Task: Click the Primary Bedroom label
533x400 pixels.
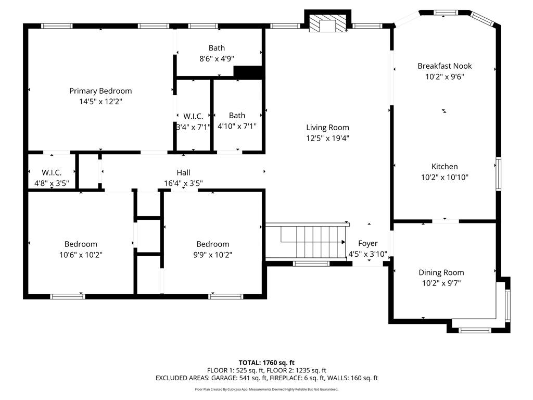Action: click(100, 91)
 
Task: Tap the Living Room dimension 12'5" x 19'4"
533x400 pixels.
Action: click(327, 138)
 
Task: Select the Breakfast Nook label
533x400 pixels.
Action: click(445, 66)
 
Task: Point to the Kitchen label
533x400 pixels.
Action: click(445, 166)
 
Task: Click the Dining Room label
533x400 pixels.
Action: click(441, 272)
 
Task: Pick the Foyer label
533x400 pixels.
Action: click(367, 243)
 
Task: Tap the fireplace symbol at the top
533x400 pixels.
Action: click(327, 24)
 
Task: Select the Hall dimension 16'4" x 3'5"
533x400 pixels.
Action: click(183, 183)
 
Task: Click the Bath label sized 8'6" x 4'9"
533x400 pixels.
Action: click(217, 48)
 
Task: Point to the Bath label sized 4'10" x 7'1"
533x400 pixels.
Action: click(237, 115)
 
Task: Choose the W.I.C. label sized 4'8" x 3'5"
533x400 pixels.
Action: click(52, 172)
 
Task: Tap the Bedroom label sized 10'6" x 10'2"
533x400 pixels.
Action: click(81, 244)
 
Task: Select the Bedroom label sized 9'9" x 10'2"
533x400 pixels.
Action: click(212, 244)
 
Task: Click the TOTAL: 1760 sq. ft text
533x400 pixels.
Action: click(266, 362)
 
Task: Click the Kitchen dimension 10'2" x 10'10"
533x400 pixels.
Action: click(445, 177)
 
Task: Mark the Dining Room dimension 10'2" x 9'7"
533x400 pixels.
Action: click(441, 283)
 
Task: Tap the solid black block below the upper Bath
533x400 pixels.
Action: click(248, 72)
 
